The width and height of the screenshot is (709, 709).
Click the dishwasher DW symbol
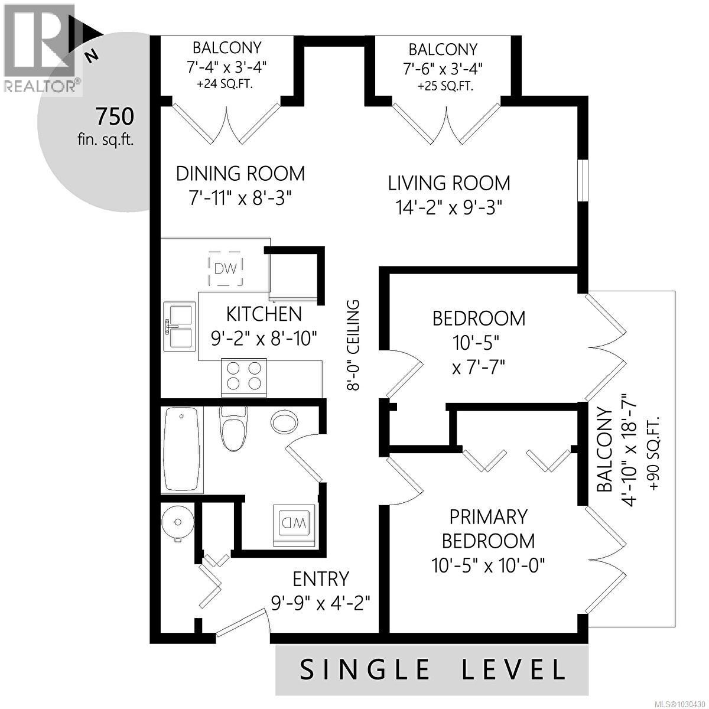coord(226,269)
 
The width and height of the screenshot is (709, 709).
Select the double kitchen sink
coord(180,326)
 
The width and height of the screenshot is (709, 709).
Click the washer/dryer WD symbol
coord(294,522)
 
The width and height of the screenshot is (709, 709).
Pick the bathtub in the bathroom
coord(182,448)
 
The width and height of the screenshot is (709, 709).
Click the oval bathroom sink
coord(285,422)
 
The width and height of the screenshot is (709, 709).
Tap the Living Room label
coord(449,183)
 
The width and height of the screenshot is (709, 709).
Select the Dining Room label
coord(240,174)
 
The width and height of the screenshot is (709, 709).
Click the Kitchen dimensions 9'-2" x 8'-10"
coord(264,338)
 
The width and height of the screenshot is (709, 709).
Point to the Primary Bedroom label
coord(488,529)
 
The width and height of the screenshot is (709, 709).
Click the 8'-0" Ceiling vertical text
coord(353,345)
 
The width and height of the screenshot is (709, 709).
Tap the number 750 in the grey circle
coord(115,117)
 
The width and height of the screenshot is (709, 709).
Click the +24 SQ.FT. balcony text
coord(225,84)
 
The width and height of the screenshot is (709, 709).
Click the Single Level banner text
coord(432,669)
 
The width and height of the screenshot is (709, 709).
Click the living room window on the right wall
coord(583,181)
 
